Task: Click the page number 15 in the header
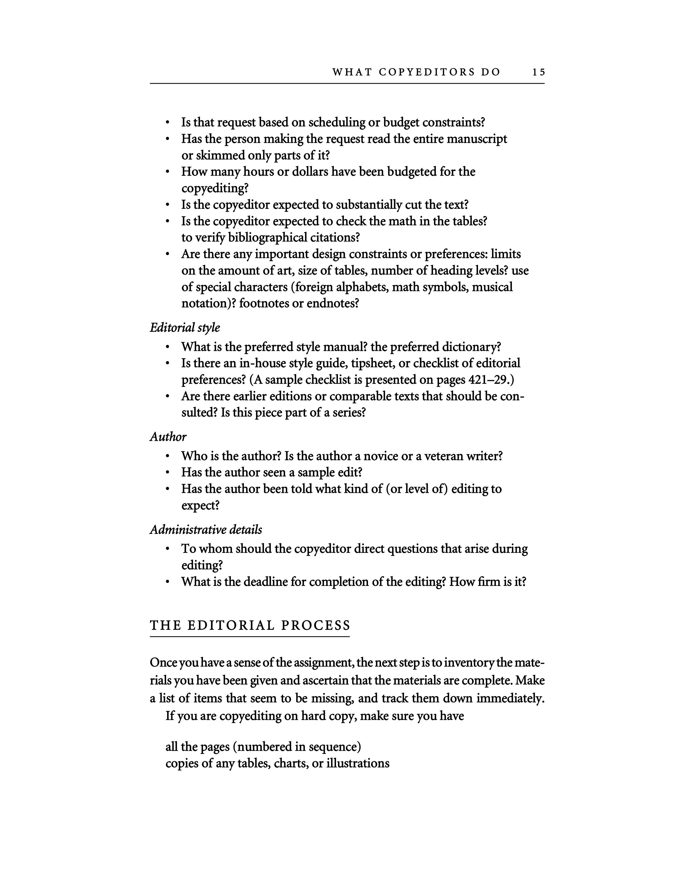[539, 72]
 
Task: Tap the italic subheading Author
[168, 437]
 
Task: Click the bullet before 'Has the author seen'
[167, 473]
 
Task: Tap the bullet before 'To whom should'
[167, 549]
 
